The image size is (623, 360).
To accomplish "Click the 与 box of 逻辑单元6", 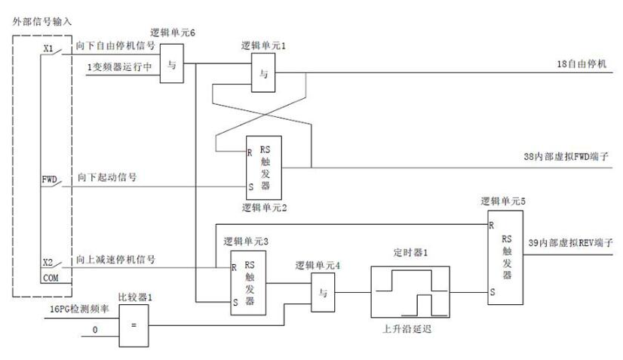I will click(172, 64).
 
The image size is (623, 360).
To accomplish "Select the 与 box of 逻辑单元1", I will click(264, 74).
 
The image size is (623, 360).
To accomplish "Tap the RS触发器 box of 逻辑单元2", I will click(263, 168).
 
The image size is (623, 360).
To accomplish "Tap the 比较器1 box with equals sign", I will click(134, 326).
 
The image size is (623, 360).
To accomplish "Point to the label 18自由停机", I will click(582, 64).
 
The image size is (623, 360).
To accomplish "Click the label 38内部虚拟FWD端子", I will click(568, 157).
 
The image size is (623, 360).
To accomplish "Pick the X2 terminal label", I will click(48, 263).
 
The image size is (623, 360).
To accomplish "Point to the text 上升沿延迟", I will click(409, 329).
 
